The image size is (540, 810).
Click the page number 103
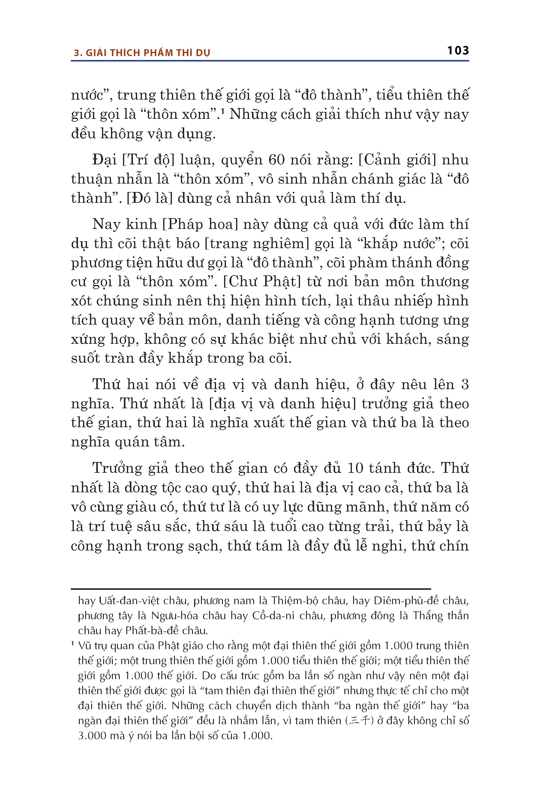458,51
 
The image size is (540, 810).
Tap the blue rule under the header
270,61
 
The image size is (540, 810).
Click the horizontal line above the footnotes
251,589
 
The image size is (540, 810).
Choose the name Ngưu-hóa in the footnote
171,616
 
